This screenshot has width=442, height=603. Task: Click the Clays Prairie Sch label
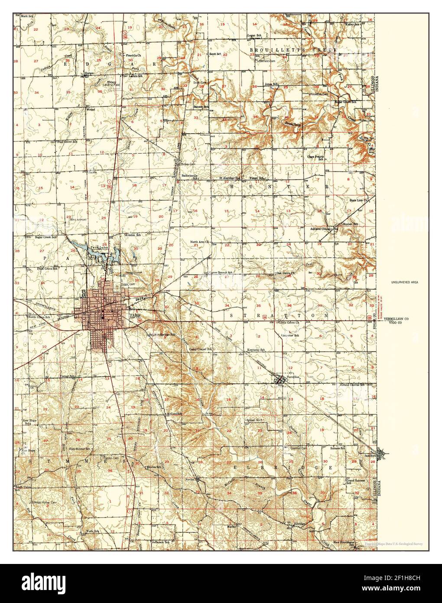point(315,157)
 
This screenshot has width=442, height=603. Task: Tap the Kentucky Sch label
point(256,350)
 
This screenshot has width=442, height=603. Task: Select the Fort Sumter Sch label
point(79,449)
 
